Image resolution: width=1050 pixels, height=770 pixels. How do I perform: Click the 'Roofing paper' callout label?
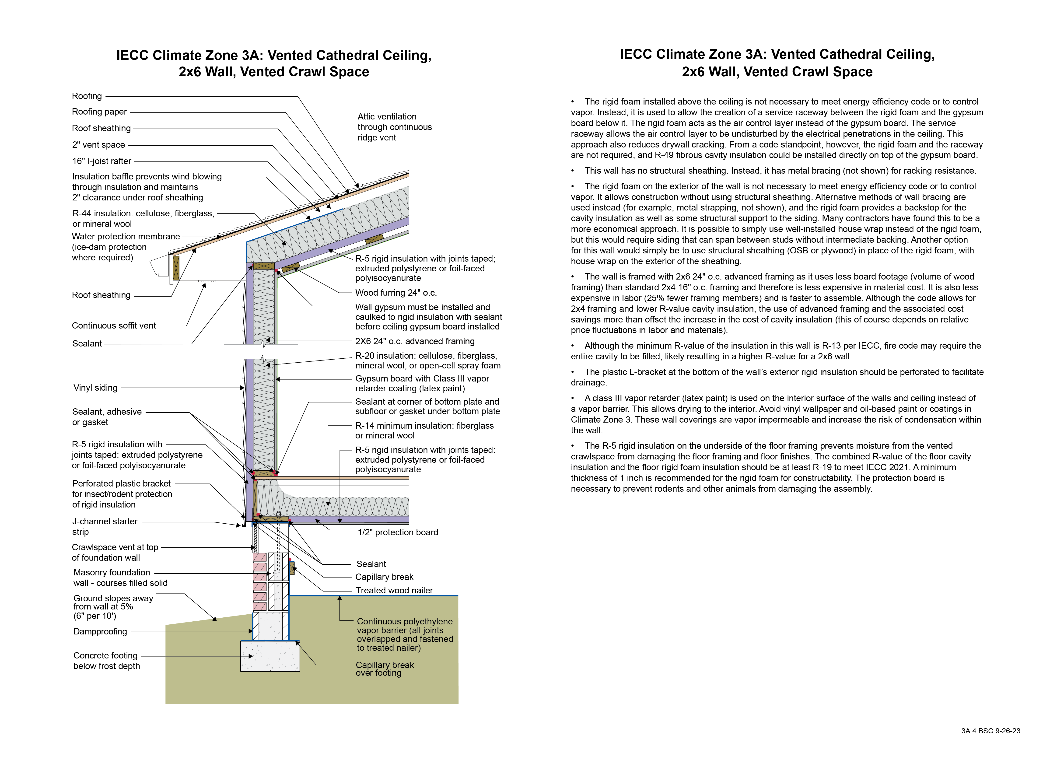coord(99,112)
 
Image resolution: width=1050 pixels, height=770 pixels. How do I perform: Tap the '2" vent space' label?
coord(98,145)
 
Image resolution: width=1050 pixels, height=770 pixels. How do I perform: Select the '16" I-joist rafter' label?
coord(101,161)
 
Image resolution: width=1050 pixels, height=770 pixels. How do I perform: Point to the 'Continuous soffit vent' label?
coord(114,326)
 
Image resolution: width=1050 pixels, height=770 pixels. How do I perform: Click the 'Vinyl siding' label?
coord(95,388)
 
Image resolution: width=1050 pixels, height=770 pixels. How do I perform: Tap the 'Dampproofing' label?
coord(100,632)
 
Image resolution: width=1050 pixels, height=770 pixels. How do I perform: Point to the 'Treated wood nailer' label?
coord(394,591)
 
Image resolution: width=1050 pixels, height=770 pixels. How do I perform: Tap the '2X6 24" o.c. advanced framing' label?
coord(415,341)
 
